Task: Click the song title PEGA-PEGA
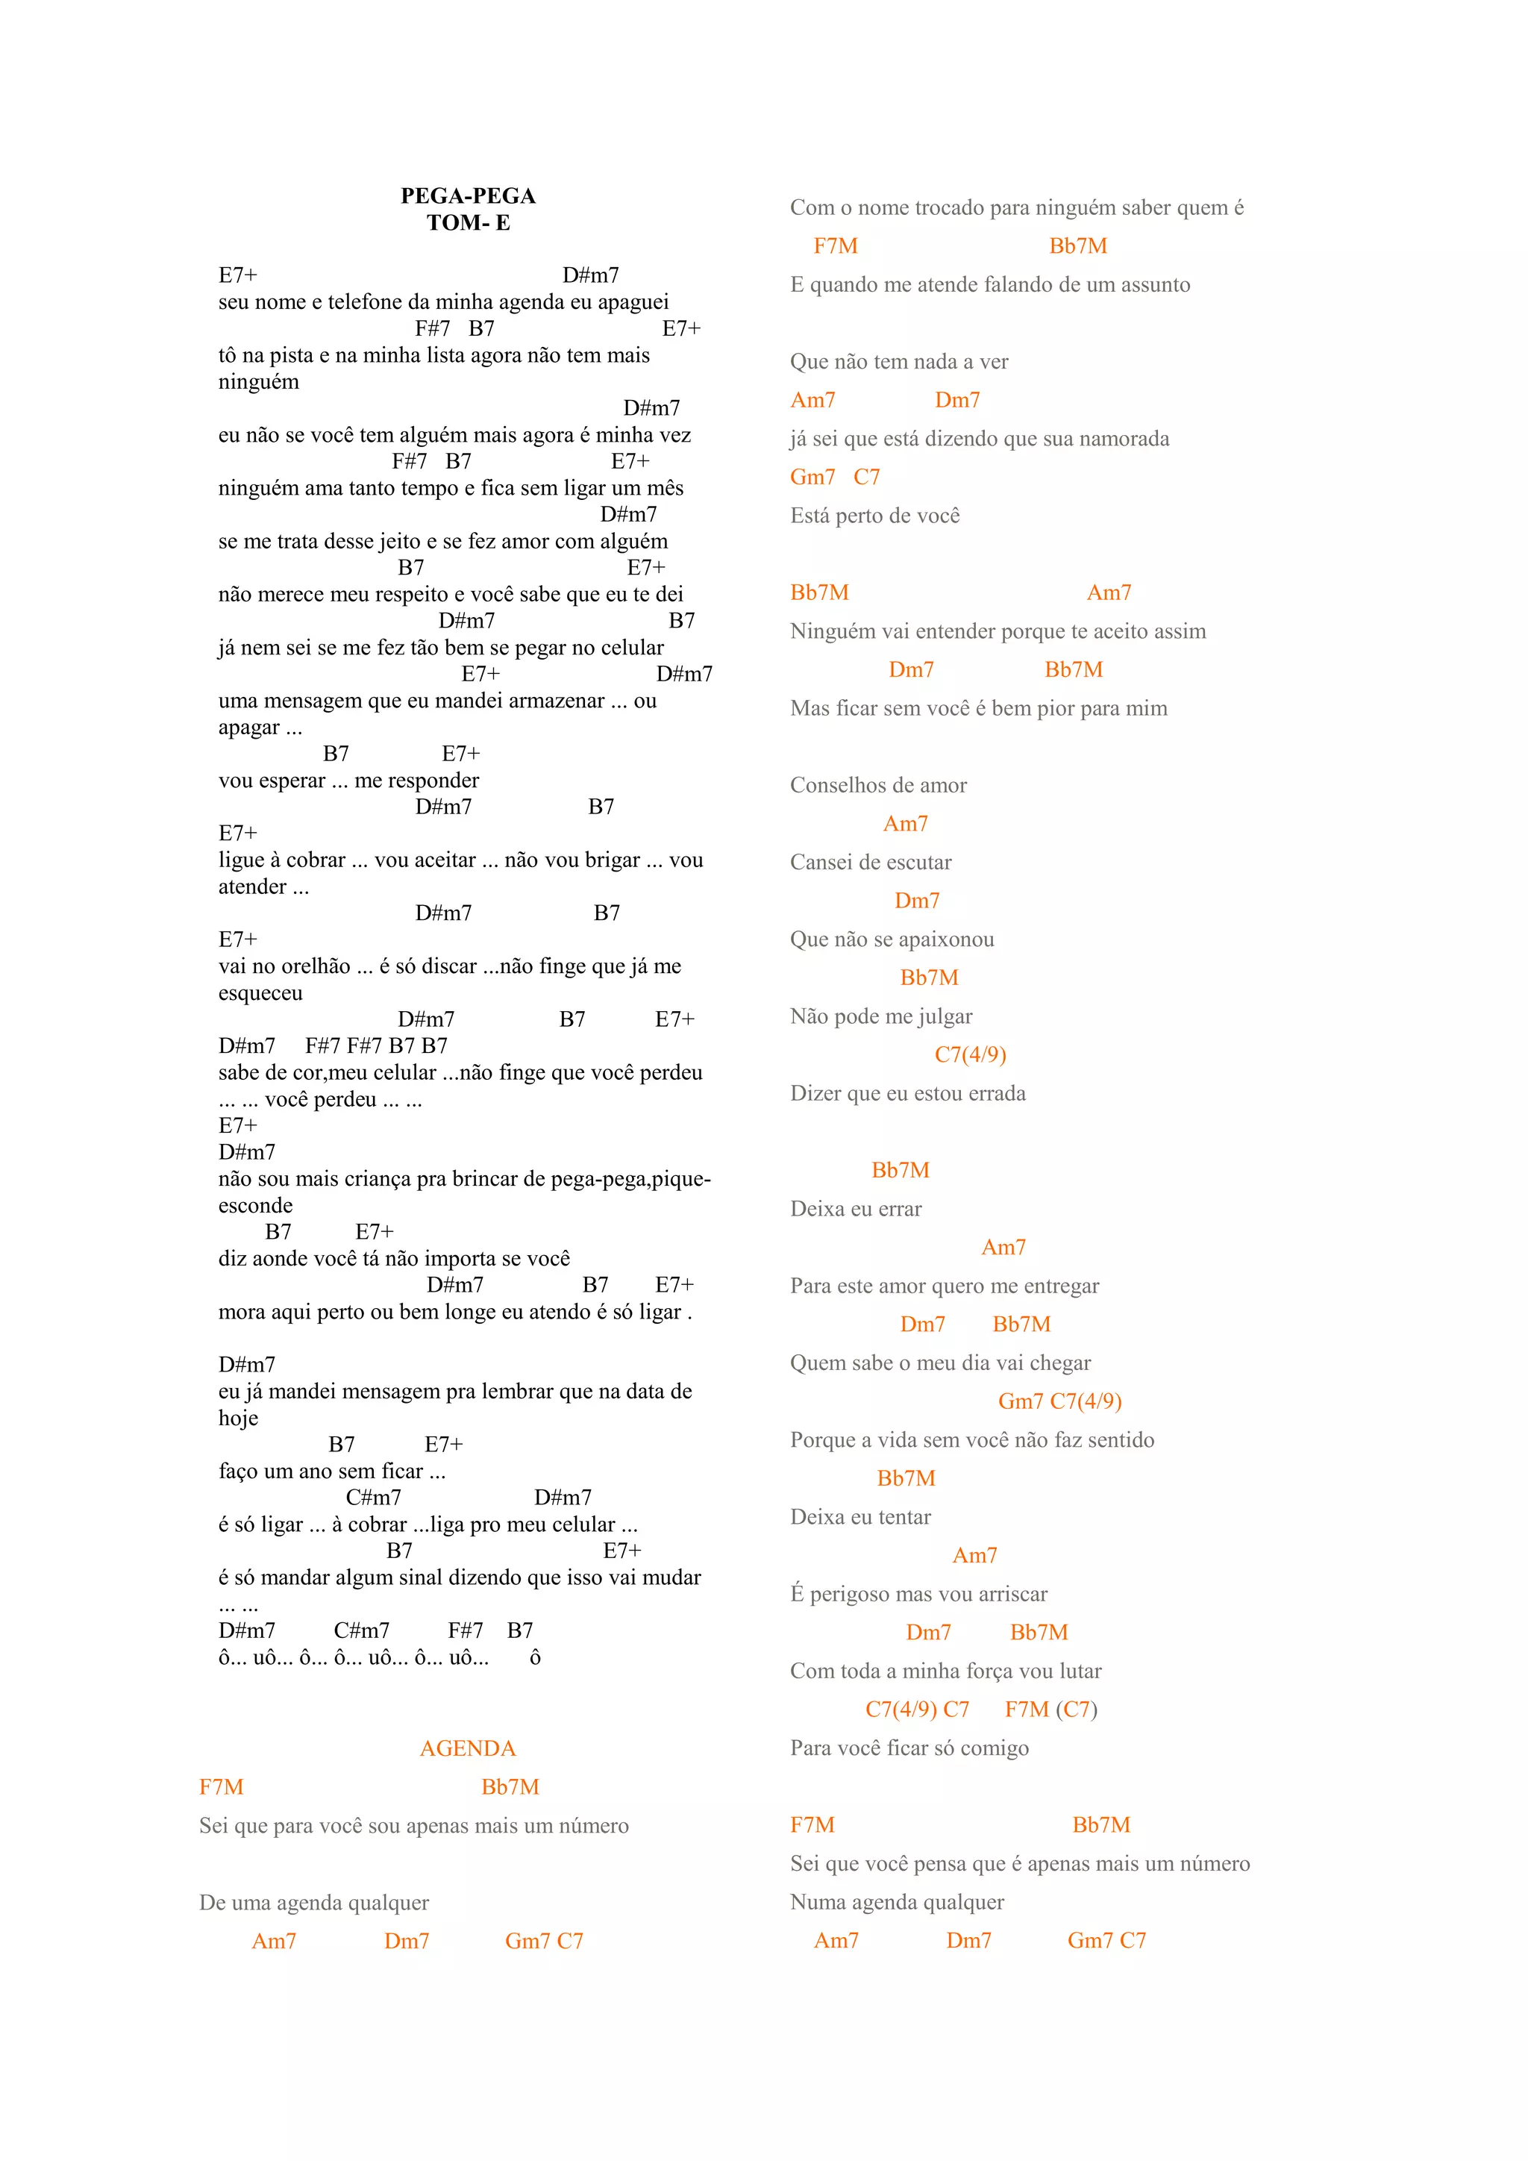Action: tap(468, 196)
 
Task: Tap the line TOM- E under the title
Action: tap(468, 223)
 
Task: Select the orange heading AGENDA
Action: tap(468, 1749)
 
